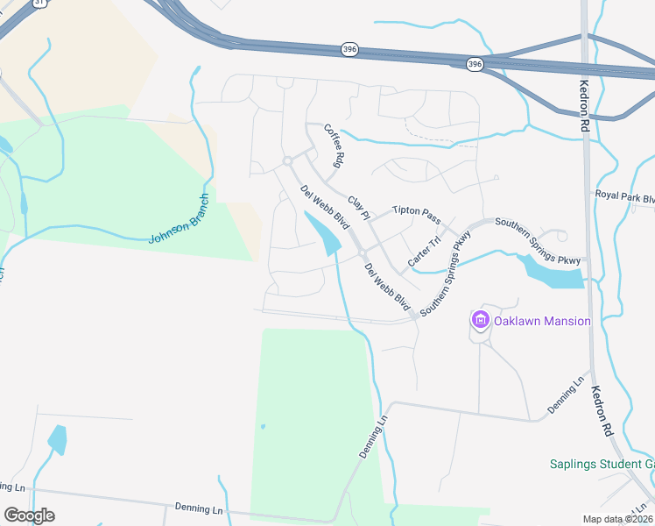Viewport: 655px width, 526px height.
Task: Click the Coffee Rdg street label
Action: coord(334,146)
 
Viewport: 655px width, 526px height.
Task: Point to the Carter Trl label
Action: coord(424,252)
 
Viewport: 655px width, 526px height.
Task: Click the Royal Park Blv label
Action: coord(624,197)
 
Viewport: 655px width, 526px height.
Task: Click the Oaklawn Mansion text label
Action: coord(541,321)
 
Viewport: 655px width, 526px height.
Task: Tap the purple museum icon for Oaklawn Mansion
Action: coord(480,321)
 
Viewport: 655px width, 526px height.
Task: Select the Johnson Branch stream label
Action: coord(180,219)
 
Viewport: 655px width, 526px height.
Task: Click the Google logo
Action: coord(29,515)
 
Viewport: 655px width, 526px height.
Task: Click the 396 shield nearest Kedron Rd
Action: coord(475,64)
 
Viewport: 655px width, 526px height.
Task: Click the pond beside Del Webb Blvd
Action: coord(321,231)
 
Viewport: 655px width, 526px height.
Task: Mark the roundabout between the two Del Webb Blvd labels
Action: coord(362,254)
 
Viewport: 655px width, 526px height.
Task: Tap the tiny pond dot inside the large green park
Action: coord(262,427)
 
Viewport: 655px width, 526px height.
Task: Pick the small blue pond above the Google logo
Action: coord(58,438)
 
